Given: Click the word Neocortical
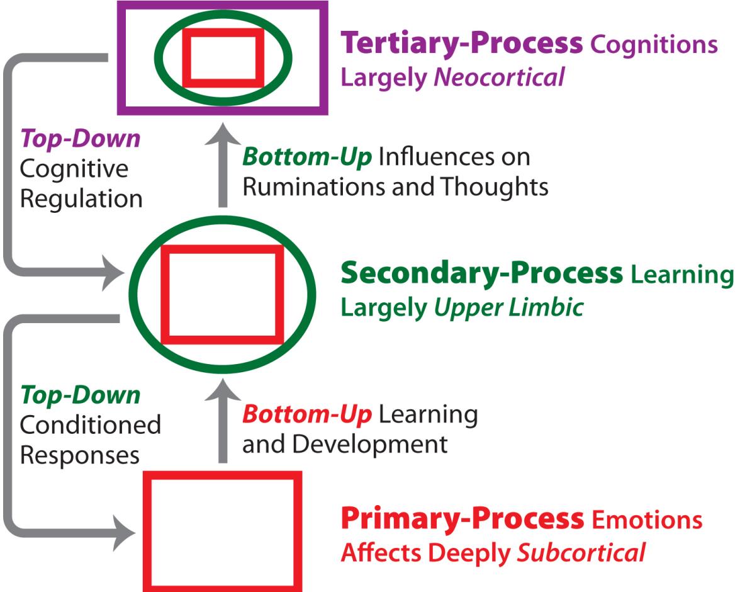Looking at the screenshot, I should tap(498, 78).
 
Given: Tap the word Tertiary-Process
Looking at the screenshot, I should tap(461, 43).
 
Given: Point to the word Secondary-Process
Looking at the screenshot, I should tap(481, 274).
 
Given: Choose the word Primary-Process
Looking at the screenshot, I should tap(461, 520).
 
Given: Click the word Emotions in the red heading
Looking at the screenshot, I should tap(646, 520).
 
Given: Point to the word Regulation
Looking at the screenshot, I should tap(81, 199).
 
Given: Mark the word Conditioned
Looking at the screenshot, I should tap(90, 425).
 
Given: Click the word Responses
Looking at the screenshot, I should tap(80, 455).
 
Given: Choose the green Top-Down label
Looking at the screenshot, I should tap(81, 396).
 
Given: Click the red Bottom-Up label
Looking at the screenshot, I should tap(307, 414).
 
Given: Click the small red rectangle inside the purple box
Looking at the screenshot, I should tap(223, 57).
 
